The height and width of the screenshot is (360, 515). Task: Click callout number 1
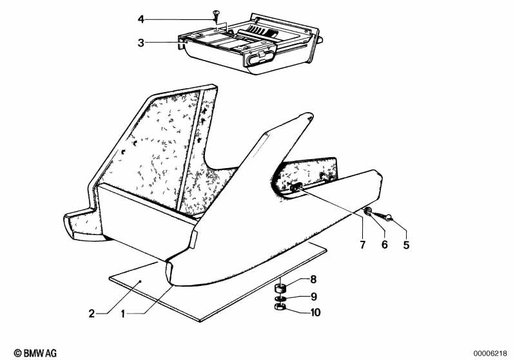pos(123,314)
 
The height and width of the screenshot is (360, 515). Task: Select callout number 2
pos(92,314)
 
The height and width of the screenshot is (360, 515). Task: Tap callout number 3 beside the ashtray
pos(141,43)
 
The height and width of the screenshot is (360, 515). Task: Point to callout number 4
pos(141,19)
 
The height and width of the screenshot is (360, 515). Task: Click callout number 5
pos(406,245)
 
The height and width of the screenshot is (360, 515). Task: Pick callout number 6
pos(384,245)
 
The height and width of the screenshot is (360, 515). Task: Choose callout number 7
pos(363,245)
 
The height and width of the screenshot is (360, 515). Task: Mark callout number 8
pos(313,279)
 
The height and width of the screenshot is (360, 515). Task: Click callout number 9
pos(314,297)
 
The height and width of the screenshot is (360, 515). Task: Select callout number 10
pos(315,312)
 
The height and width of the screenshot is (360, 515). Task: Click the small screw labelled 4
pos(215,15)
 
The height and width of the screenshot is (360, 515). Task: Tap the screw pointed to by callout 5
pos(383,216)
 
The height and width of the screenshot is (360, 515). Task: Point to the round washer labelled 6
pos(368,211)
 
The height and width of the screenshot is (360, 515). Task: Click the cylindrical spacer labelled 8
pos(280,289)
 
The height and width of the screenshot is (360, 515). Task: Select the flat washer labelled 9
pos(280,298)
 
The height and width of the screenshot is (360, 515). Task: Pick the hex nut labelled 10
pos(279,307)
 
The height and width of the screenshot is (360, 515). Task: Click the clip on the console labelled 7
pos(296,187)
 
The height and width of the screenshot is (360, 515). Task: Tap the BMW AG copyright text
pos(35,353)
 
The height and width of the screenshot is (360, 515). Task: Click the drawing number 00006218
pos(490,354)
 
